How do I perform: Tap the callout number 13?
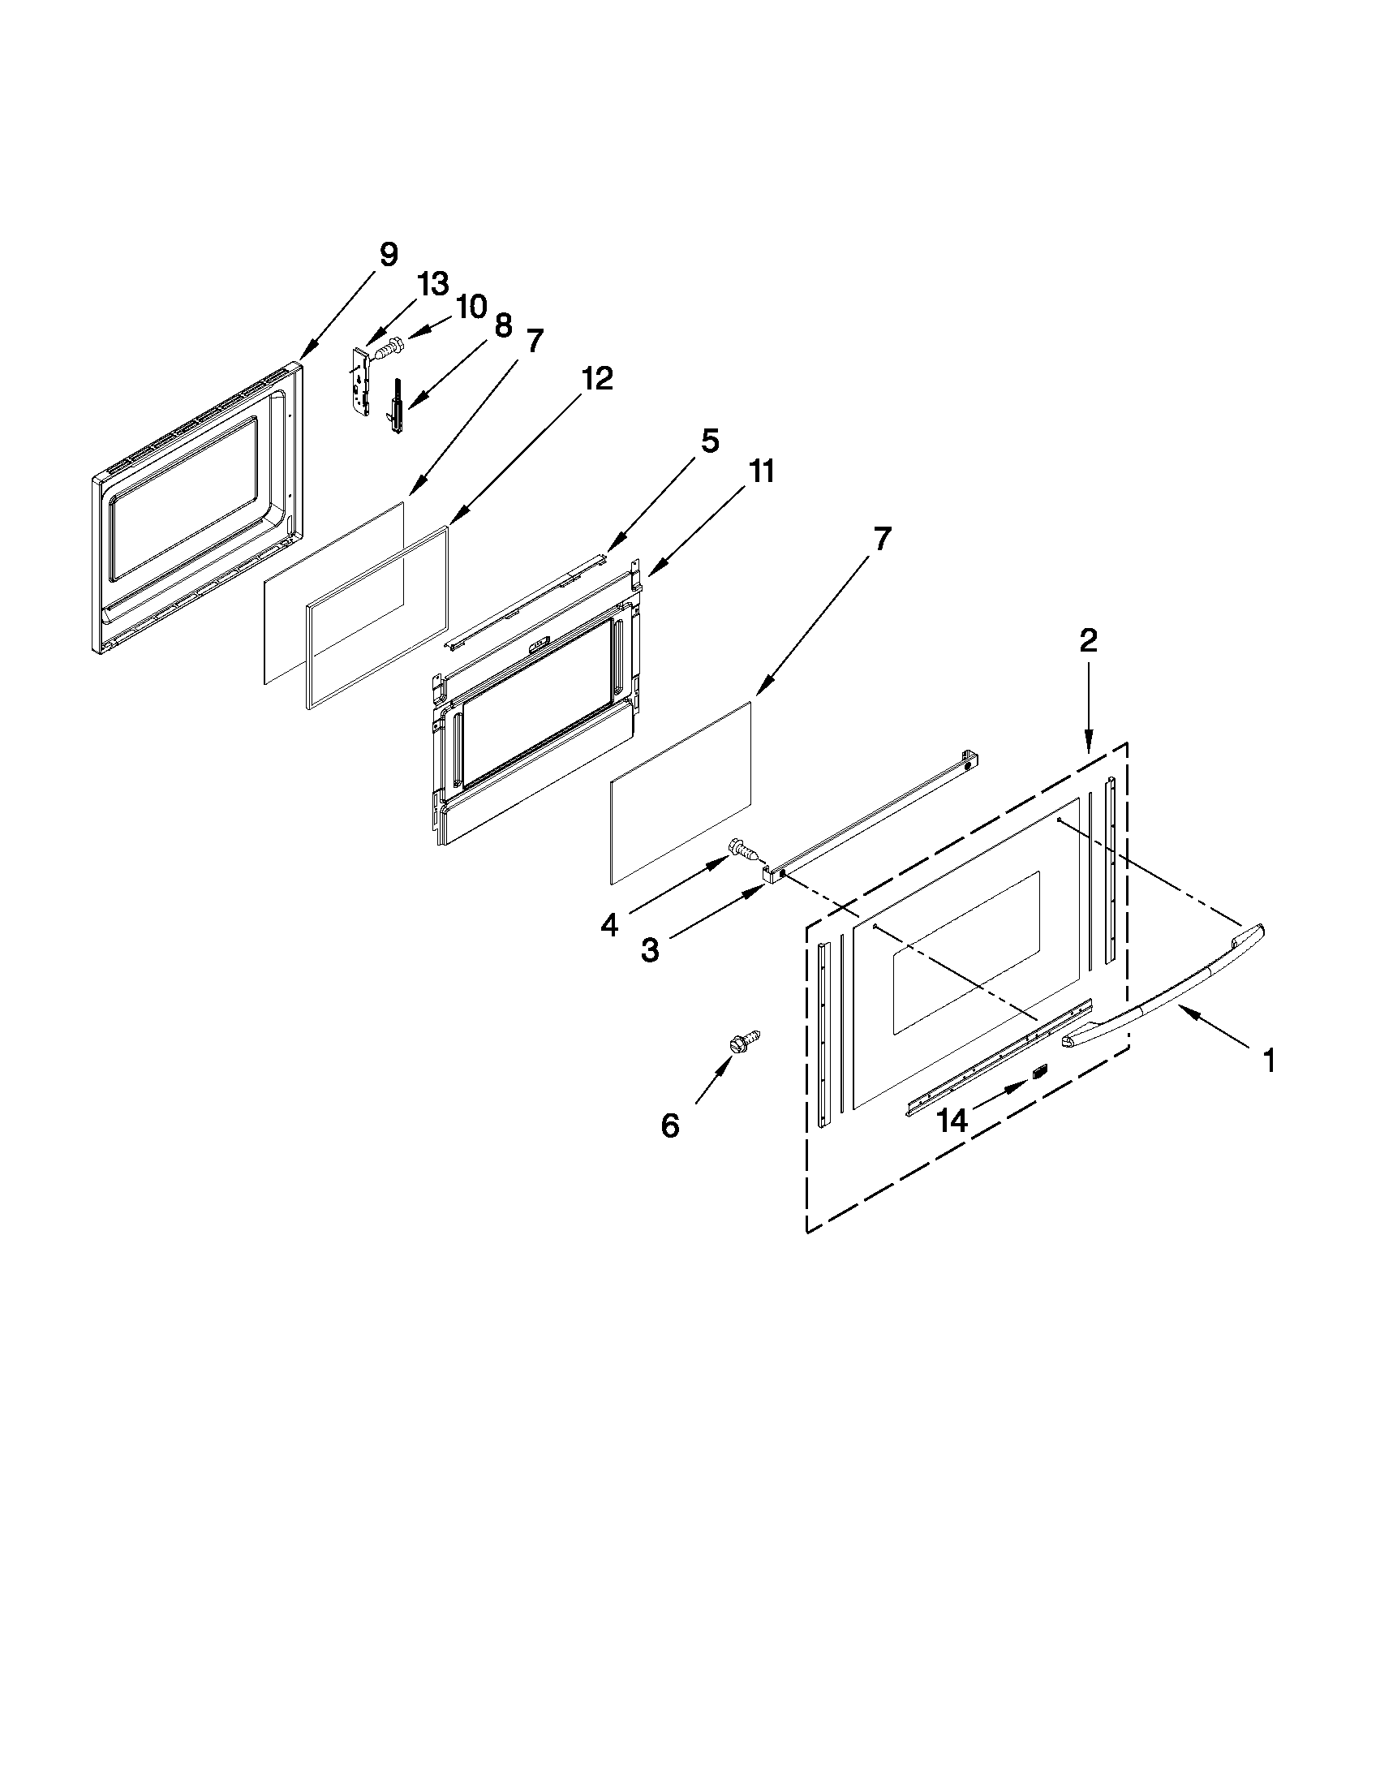pos(432,284)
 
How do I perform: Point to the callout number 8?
pos(503,325)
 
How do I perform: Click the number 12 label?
pos(597,379)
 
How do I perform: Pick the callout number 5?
pos(709,441)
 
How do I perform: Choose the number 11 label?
pos(760,471)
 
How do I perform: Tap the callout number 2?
pos(1088,640)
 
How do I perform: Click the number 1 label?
pos(1268,1061)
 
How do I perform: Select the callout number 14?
pos(952,1120)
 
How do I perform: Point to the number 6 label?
pos(669,1126)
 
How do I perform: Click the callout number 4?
pos(609,925)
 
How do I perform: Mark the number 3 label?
pos(650,951)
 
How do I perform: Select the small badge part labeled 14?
pos(1039,1072)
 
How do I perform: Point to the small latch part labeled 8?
pos(397,405)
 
